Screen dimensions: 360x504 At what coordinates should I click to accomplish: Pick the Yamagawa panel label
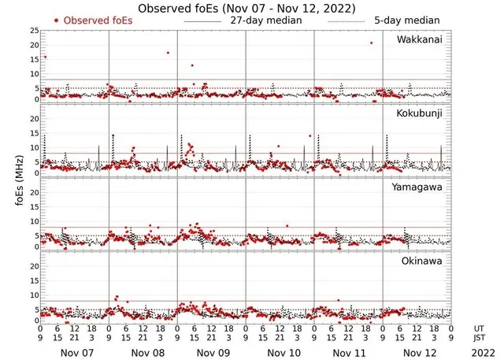[420, 187]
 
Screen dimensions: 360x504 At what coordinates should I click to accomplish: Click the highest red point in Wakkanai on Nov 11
[371, 43]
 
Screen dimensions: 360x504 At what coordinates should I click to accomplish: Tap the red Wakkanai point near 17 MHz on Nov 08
[168, 53]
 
